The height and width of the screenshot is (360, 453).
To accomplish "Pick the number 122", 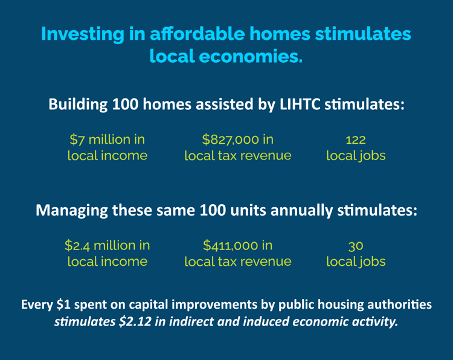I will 356,140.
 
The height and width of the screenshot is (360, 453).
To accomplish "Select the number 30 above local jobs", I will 356,246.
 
